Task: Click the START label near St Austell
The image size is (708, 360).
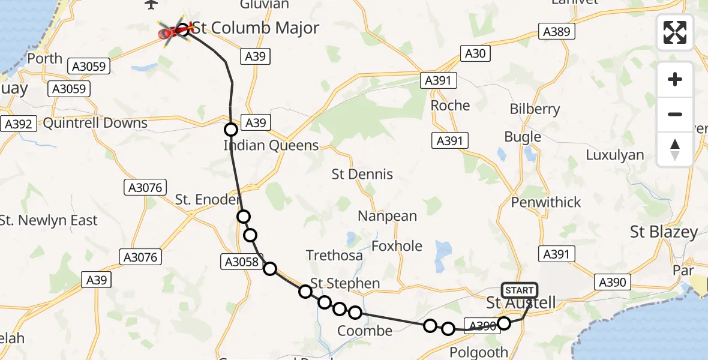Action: pyautogui.click(x=519, y=291)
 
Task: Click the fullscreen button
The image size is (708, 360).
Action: pyautogui.click(x=675, y=32)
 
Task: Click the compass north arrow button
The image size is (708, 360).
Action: pyautogui.click(x=675, y=149)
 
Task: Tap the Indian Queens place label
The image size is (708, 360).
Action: pyautogui.click(x=271, y=146)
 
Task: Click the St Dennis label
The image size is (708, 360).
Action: pyautogui.click(x=362, y=175)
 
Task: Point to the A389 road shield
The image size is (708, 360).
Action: pyautogui.click(x=556, y=32)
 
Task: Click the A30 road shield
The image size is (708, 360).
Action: pyautogui.click(x=475, y=53)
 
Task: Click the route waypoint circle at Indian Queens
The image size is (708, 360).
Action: pyautogui.click(x=231, y=130)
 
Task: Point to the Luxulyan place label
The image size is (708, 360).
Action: pyautogui.click(x=615, y=155)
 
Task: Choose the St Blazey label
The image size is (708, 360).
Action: pyautogui.click(x=664, y=232)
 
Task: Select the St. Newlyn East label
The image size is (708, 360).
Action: pyautogui.click(x=49, y=221)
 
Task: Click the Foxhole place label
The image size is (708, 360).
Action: pyautogui.click(x=397, y=246)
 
